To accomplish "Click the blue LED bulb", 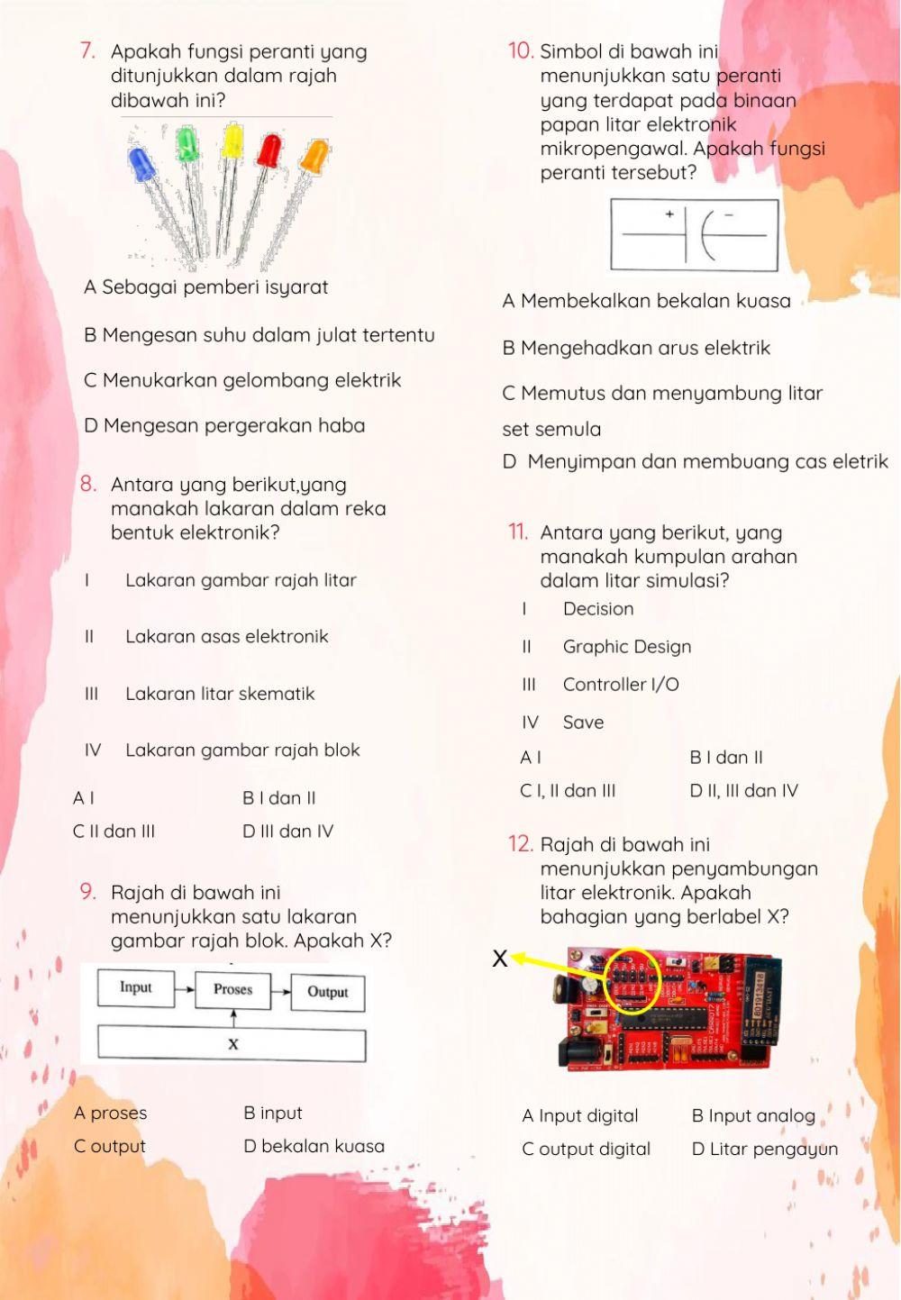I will (x=142, y=165).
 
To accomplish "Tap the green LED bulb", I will (x=187, y=144).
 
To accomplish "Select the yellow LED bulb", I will (x=232, y=141).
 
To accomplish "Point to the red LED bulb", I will (x=269, y=150).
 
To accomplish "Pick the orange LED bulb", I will (x=314, y=156).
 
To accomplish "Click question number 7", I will (x=87, y=51).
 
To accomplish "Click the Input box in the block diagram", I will (x=135, y=988).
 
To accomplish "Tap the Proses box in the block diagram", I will (x=232, y=989).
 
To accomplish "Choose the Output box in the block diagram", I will (x=327, y=992).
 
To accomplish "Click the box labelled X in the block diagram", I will (x=232, y=1044).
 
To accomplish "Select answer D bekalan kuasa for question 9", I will (x=314, y=1146).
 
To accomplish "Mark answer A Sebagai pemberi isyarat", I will (x=205, y=287).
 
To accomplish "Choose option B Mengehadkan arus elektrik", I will (x=636, y=348).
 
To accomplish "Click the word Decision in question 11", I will (x=597, y=609).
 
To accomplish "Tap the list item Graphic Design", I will (x=626, y=647).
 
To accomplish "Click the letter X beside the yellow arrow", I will (x=500, y=959).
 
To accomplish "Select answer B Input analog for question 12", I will (x=753, y=1116).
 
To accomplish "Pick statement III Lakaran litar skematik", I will (x=219, y=694).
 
